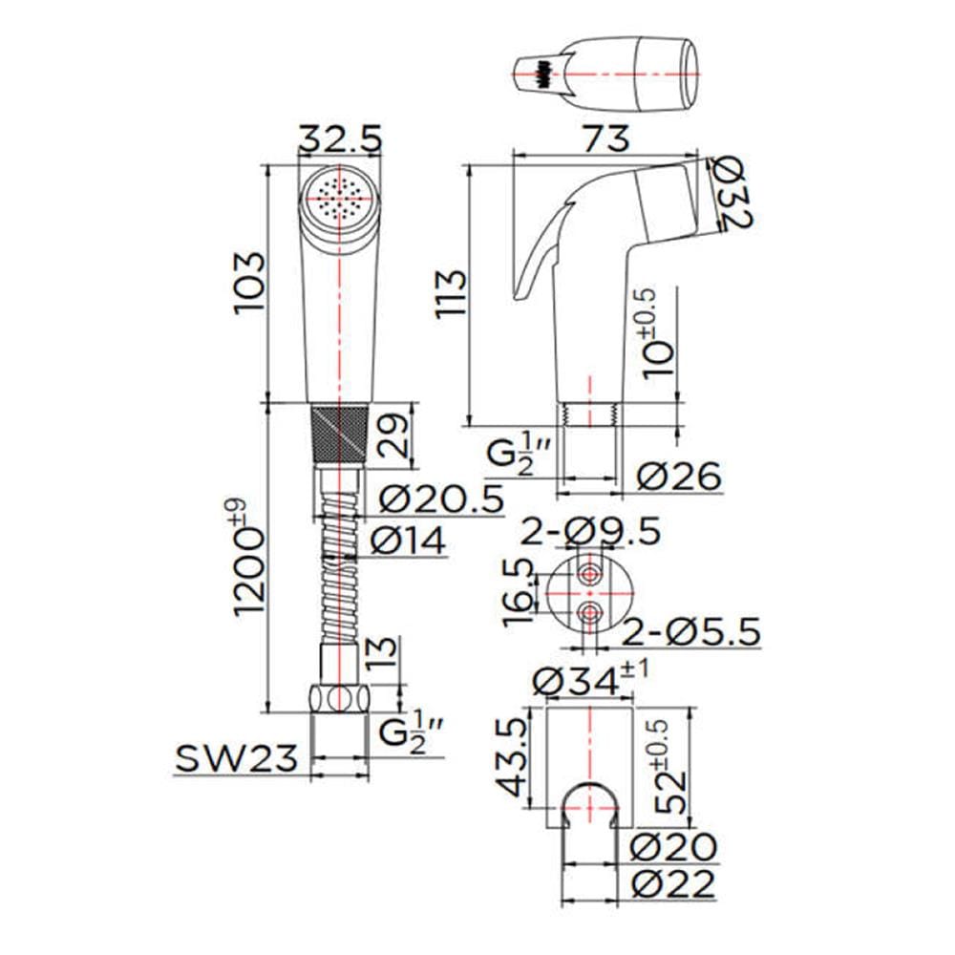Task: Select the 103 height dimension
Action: pos(250,282)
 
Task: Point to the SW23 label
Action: pos(237,757)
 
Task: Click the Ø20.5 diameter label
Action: pos(441,499)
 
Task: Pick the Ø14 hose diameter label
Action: pos(408,540)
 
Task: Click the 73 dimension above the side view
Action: pos(607,138)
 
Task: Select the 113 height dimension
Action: pos(451,293)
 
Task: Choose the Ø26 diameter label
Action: pos(679,475)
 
